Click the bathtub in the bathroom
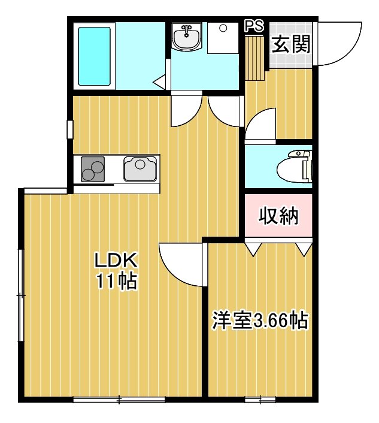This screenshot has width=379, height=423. pos(95,56)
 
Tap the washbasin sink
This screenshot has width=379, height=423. pos(187,37)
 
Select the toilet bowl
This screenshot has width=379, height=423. pos(295,167)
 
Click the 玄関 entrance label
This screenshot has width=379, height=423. pos(291,44)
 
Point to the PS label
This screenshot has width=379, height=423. pos(254,26)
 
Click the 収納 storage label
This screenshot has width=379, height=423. pos(278,216)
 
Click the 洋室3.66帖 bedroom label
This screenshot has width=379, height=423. pos(260,321)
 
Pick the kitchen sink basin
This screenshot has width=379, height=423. pos(140,168)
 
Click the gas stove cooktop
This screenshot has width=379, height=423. pos(93,169)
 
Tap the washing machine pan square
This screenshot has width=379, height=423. pos(223,38)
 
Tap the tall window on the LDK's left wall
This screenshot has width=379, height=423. pos(21,295)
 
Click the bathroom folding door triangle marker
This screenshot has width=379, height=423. pos(159,81)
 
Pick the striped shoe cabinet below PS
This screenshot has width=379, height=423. pos(254,58)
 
